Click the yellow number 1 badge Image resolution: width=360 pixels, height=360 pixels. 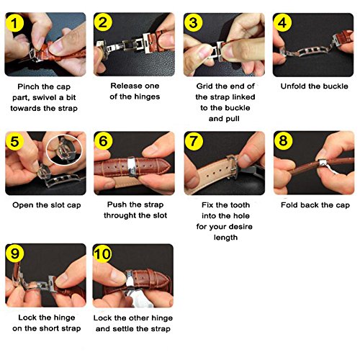click(x=15, y=23)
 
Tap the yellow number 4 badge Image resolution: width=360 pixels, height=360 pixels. click(x=282, y=23)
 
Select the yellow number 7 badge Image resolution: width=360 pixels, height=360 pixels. click(x=194, y=141)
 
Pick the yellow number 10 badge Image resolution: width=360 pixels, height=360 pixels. click(x=102, y=253)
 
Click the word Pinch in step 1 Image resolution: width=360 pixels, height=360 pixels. click(x=27, y=86)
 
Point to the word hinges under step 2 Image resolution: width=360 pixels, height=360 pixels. click(x=146, y=97)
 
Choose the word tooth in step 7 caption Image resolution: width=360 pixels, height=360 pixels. click(x=240, y=205)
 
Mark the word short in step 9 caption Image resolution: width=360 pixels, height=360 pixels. click(x=48, y=328)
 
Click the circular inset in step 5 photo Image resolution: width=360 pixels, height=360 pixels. click(x=64, y=150)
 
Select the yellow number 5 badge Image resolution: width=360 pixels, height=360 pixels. click(x=15, y=141)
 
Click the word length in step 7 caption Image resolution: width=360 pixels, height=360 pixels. click(x=225, y=238)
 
